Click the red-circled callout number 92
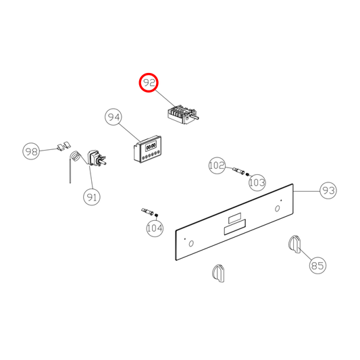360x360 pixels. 149,83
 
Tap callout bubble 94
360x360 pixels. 113,118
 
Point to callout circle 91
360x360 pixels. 92,197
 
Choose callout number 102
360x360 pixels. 217,165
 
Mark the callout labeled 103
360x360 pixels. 257,182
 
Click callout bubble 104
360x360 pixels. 155,228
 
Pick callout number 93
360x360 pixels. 328,191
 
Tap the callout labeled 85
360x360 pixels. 317,265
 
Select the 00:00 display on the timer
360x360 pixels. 149,145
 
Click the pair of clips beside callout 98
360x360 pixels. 65,145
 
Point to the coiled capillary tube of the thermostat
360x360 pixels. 74,158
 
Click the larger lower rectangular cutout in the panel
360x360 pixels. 234,227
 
